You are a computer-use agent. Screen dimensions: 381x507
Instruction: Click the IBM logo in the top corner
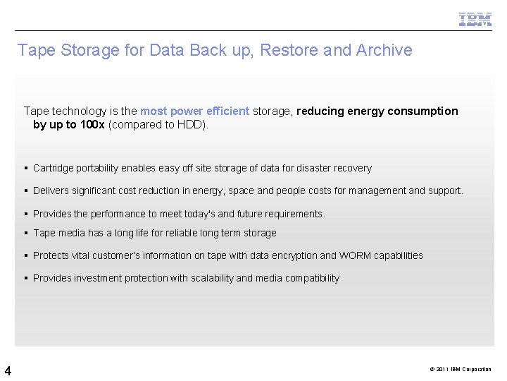click(x=475, y=19)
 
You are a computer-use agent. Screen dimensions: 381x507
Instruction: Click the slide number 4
click(x=7, y=370)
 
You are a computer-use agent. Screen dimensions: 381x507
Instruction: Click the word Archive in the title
click(x=384, y=50)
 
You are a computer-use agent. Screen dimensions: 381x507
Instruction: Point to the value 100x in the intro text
click(x=92, y=124)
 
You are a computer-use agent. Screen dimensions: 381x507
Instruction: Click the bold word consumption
click(x=423, y=111)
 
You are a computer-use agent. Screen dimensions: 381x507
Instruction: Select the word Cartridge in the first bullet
click(x=52, y=168)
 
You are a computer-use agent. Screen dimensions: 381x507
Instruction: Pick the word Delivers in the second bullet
click(x=51, y=190)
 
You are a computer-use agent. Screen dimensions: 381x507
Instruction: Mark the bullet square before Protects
click(x=25, y=255)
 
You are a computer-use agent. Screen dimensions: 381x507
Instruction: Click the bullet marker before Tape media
click(x=25, y=233)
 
